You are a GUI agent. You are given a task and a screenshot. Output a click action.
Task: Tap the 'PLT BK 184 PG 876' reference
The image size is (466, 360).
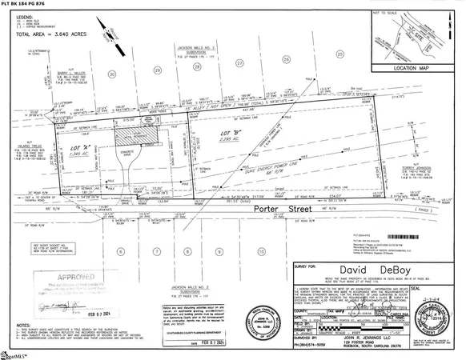pyautogui.click(x=5, y=32)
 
